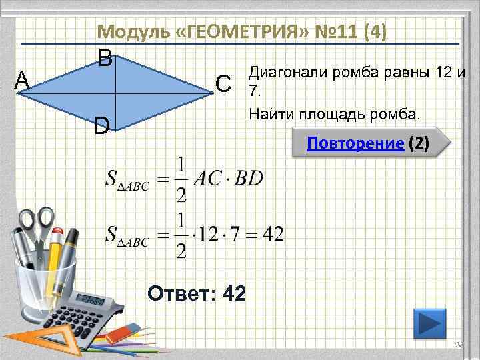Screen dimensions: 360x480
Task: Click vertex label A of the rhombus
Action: point(22,80)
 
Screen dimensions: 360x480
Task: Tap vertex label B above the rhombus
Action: point(105,59)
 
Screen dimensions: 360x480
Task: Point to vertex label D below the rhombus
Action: point(101,125)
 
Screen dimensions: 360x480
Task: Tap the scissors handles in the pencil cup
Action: point(37,223)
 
